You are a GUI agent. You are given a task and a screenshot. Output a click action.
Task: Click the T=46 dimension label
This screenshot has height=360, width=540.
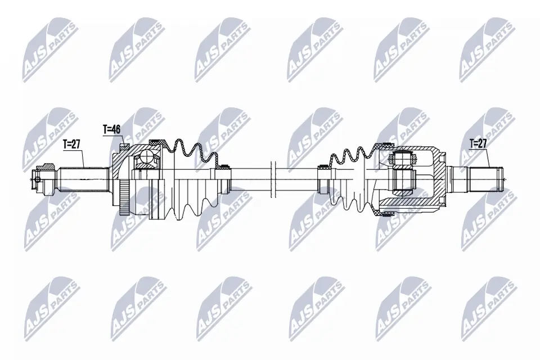click(x=111, y=129)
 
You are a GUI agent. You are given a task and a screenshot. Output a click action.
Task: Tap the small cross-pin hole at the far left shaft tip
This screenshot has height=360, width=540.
click(x=37, y=179)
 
